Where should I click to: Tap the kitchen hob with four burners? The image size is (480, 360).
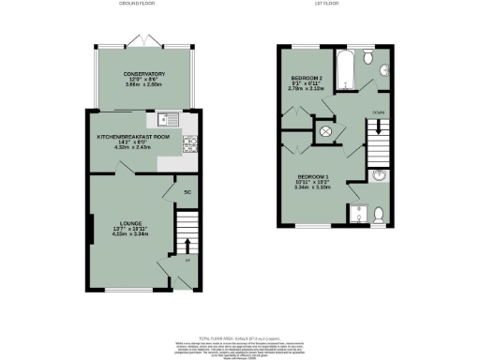[189, 143]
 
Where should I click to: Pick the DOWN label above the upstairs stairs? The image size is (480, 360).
[379, 112]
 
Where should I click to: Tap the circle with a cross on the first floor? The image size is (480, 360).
[326, 132]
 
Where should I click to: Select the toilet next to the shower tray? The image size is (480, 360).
[378, 216]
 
